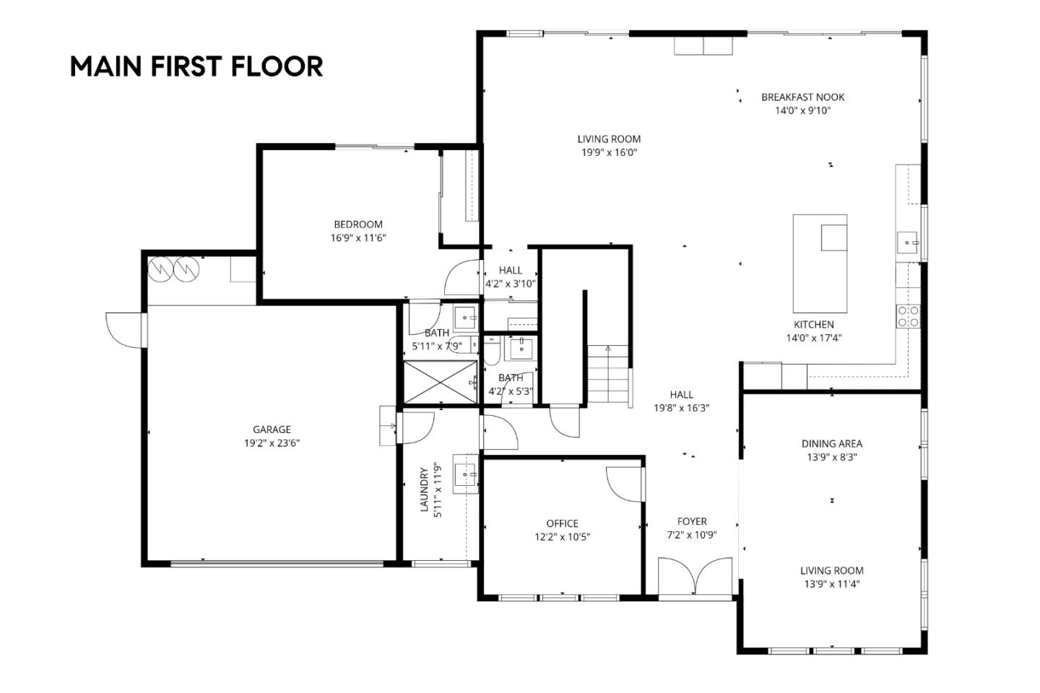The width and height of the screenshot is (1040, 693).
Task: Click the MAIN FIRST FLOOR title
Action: [196, 66]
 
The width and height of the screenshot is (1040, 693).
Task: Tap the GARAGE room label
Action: [272, 430]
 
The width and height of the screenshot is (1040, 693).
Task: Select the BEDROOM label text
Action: [358, 225]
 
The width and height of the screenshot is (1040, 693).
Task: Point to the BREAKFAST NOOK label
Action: [802, 97]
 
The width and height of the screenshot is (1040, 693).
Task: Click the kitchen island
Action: [819, 263]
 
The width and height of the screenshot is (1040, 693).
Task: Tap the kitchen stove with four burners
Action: [908, 316]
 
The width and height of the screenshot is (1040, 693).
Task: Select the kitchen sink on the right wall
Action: [907, 243]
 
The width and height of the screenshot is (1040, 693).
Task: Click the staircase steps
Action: [608, 375]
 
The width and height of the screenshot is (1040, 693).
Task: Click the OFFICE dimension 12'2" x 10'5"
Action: [562, 537]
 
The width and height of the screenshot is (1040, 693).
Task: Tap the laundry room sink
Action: [464, 474]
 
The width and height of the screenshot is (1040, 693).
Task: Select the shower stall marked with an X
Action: [440, 381]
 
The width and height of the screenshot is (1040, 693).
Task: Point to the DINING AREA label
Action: [831, 444]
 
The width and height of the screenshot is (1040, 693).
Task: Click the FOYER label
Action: [692, 521]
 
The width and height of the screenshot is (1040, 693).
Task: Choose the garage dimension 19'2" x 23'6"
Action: [272, 443]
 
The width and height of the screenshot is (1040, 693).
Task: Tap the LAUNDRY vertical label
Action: [425, 490]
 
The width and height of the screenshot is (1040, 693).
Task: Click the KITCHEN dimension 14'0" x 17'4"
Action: [814, 338]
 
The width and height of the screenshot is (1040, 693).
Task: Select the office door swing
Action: [625, 484]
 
